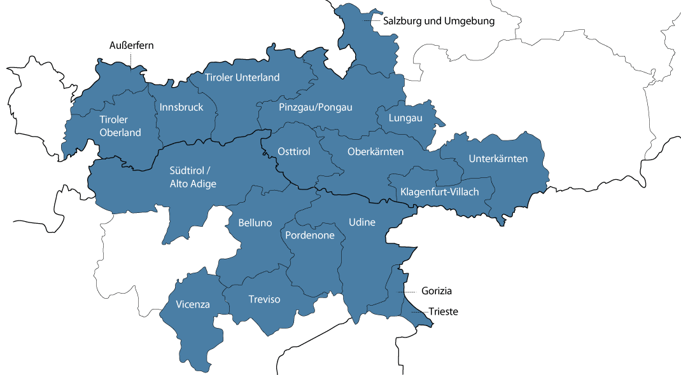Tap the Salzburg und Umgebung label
(x=439, y=21)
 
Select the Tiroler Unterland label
(x=242, y=78)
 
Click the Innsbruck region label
(x=181, y=107)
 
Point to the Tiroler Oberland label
(x=120, y=126)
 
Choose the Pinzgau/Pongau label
(x=315, y=107)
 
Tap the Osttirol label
(x=294, y=151)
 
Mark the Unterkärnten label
(x=498, y=158)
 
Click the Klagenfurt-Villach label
(x=439, y=192)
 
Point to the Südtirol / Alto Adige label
(x=193, y=177)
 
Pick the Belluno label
(x=255, y=223)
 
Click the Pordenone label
(x=309, y=235)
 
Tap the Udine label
(x=362, y=222)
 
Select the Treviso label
(x=264, y=299)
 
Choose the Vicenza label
(x=193, y=304)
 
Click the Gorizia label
(x=436, y=291)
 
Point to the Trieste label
(x=443, y=312)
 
